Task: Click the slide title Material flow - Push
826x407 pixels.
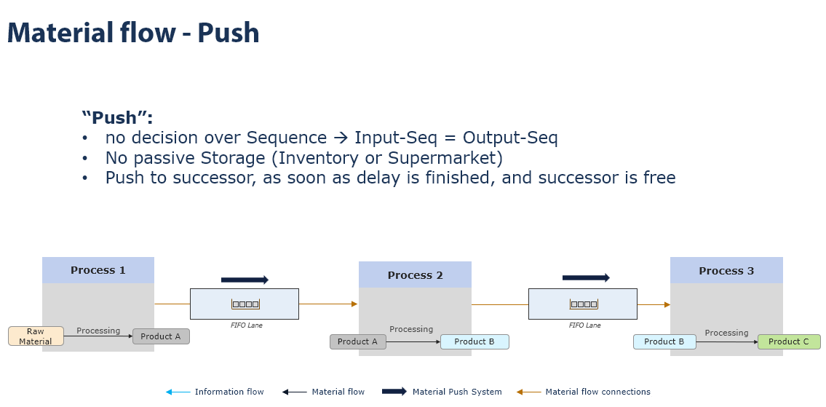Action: (x=133, y=33)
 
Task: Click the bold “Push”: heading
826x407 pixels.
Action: (x=117, y=118)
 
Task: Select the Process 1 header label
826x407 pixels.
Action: (x=98, y=270)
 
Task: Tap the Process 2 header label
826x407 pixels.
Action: (x=415, y=275)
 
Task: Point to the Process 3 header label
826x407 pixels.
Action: (x=726, y=271)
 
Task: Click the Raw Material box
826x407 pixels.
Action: (x=36, y=336)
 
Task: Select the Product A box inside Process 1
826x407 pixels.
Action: (x=161, y=336)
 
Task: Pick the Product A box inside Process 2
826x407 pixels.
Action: (x=357, y=341)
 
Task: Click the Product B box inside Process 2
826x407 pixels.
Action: (x=474, y=341)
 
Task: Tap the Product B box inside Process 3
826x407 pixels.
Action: (x=664, y=341)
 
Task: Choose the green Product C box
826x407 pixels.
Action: (x=789, y=341)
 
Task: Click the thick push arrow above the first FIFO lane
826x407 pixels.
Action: (x=245, y=280)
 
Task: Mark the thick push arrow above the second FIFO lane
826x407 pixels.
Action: (x=586, y=277)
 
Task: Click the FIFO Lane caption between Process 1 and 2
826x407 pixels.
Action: (x=246, y=325)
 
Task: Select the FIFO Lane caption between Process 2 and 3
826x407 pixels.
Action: (x=584, y=325)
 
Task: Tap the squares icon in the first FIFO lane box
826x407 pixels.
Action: (x=245, y=304)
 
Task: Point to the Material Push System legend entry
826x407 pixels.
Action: (x=456, y=392)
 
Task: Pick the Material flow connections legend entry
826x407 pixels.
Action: (x=597, y=392)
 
